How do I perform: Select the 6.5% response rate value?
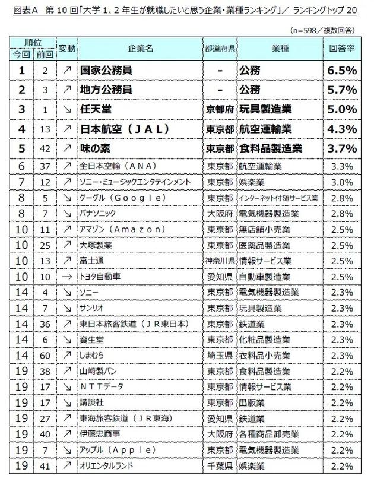[x=341, y=71]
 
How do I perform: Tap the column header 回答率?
[x=341, y=48]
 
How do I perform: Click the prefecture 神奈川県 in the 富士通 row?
[x=219, y=261]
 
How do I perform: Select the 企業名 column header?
[x=140, y=48]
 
